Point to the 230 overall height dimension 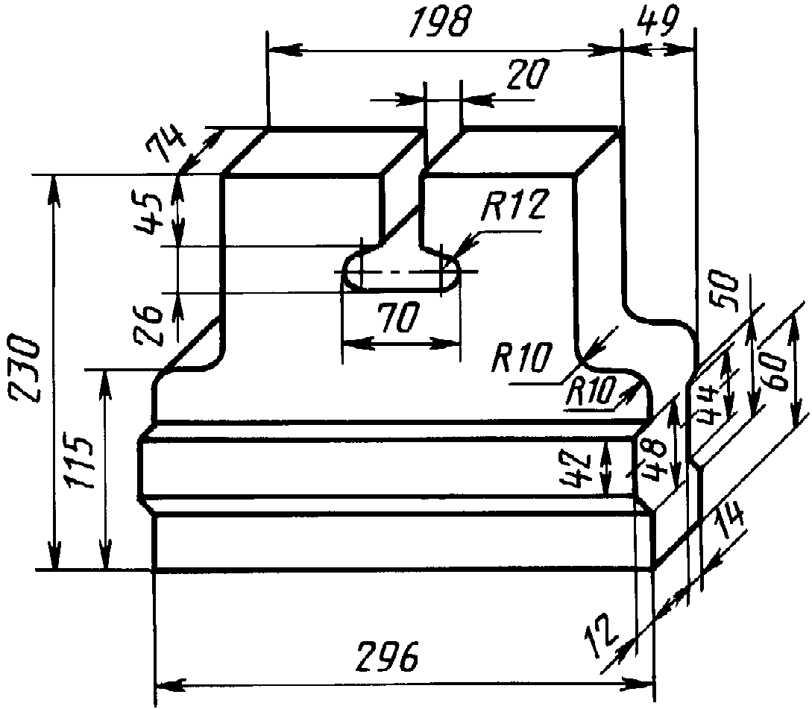click(23, 370)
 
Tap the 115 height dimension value click(81, 462)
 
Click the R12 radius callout click(514, 205)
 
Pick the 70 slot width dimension click(397, 318)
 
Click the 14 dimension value click(730, 523)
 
